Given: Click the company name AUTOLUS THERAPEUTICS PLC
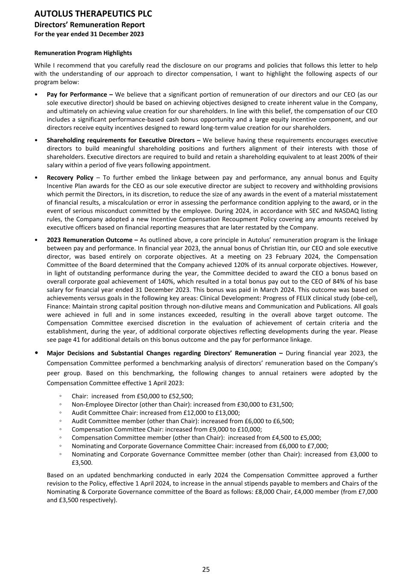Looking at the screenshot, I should click(93, 14).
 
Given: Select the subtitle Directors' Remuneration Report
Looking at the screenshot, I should click(89, 25).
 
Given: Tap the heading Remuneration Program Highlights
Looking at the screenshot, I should click(83, 53).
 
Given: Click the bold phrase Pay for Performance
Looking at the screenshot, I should click(77, 94).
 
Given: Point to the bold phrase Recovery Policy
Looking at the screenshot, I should click(70, 178).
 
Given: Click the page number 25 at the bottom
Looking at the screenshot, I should click(206, 569).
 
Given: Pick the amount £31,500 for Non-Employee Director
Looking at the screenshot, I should click(281, 404).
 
